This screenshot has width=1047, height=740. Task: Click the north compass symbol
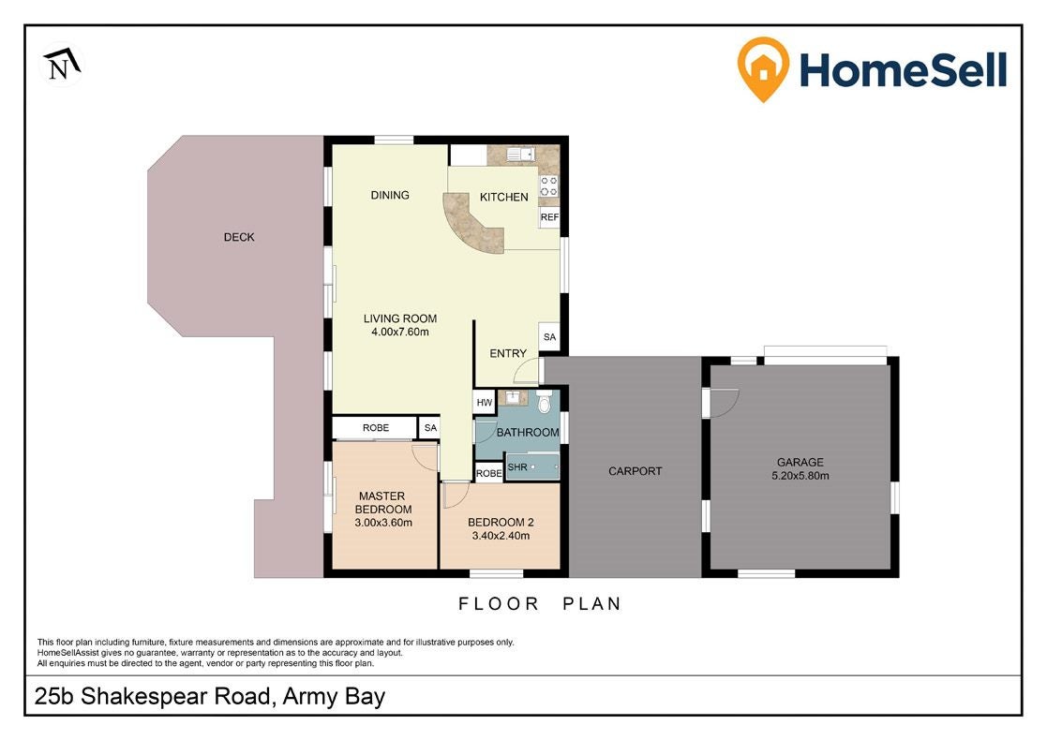point(62,64)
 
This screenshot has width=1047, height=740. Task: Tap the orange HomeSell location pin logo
point(763,68)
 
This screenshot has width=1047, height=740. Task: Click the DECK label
point(239,237)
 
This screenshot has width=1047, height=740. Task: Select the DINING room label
point(390,195)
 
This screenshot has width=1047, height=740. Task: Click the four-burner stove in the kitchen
point(549,186)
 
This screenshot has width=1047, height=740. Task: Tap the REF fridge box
point(549,217)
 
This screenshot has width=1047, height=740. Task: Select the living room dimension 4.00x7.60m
point(400,332)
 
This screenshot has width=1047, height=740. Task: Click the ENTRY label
point(508,353)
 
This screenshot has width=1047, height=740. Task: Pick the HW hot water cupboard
point(484,403)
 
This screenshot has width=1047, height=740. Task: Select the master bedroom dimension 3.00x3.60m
point(383,523)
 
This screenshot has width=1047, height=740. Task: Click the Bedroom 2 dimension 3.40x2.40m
point(501,535)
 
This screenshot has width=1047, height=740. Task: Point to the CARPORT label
point(635,471)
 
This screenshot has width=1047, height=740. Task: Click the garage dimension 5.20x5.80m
point(800,476)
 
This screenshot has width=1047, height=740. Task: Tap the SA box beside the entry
point(549,337)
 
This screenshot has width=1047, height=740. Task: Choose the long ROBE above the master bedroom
point(375,428)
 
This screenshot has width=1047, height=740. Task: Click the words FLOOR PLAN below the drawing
point(540,604)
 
